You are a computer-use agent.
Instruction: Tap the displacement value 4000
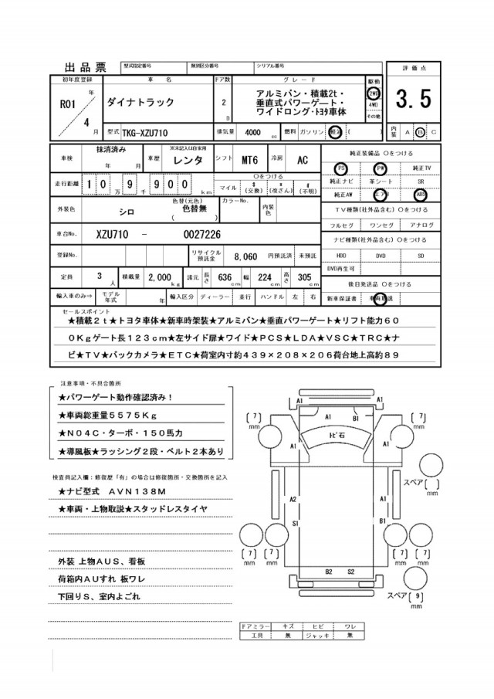[x=252, y=132]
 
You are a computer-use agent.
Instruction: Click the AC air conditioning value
[x=303, y=160]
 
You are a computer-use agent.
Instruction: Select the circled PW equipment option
[x=380, y=168]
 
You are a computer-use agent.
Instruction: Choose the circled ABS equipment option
[x=420, y=195]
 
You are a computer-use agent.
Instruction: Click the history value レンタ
[x=188, y=160]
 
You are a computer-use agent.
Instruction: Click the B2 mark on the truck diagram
[x=328, y=572]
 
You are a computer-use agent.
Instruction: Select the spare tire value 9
[x=418, y=596]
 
